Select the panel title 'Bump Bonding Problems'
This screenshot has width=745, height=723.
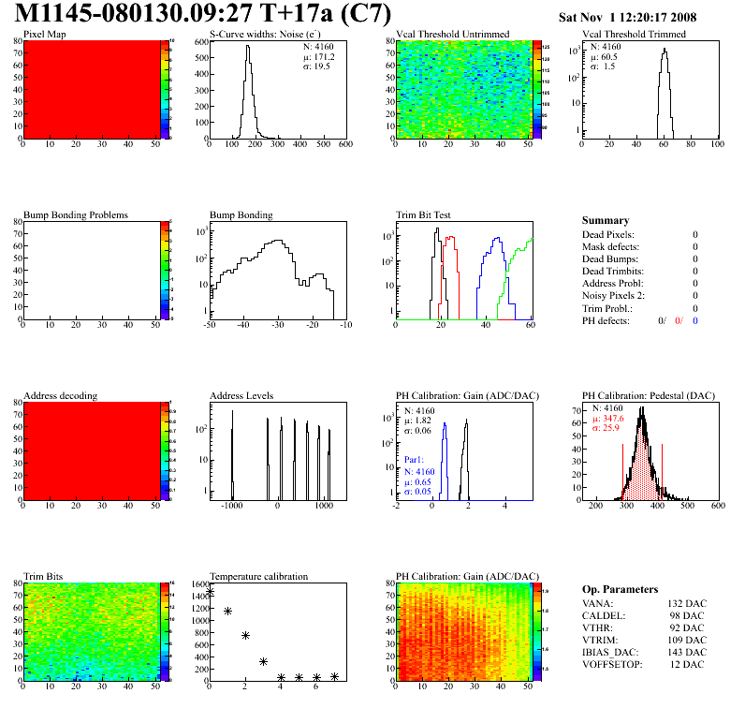tap(76, 214)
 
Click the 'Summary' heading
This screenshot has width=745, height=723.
tap(606, 220)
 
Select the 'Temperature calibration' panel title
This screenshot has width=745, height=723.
tap(258, 576)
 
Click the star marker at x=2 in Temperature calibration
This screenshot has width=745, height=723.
tap(245, 635)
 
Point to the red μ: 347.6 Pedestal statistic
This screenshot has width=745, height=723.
tap(608, 418)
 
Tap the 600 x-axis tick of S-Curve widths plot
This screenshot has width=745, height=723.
tap(345, 145)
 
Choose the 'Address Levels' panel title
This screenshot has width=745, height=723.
tap(241, 396)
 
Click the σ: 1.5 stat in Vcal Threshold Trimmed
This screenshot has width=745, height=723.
tap(602, 66)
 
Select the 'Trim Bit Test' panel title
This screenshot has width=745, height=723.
tap(423, 214)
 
